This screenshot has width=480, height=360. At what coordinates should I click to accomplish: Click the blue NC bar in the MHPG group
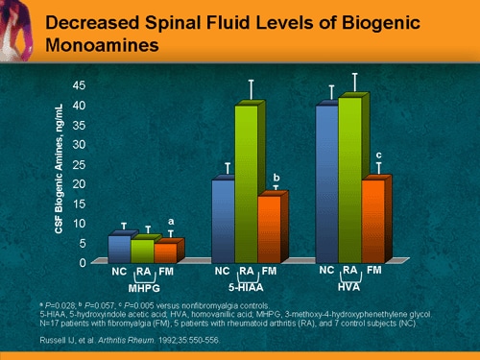pos(117,249)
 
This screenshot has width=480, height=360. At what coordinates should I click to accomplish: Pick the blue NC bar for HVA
pos(326,182)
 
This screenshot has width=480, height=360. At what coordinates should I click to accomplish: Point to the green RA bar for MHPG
pos(141,251)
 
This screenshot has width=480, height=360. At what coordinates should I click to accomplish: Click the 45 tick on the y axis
pos(92,84)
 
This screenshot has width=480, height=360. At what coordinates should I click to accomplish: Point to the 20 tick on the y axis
pos(92,183)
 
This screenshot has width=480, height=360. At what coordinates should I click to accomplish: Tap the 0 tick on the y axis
pos(95,262)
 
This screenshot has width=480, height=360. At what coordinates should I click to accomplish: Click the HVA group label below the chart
pos(350,286)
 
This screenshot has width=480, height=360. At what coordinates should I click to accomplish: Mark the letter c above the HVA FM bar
pos(378,155)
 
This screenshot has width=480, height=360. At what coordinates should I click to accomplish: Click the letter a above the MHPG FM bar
pos(171,222)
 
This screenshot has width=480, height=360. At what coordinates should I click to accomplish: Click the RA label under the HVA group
pos(350,271)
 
